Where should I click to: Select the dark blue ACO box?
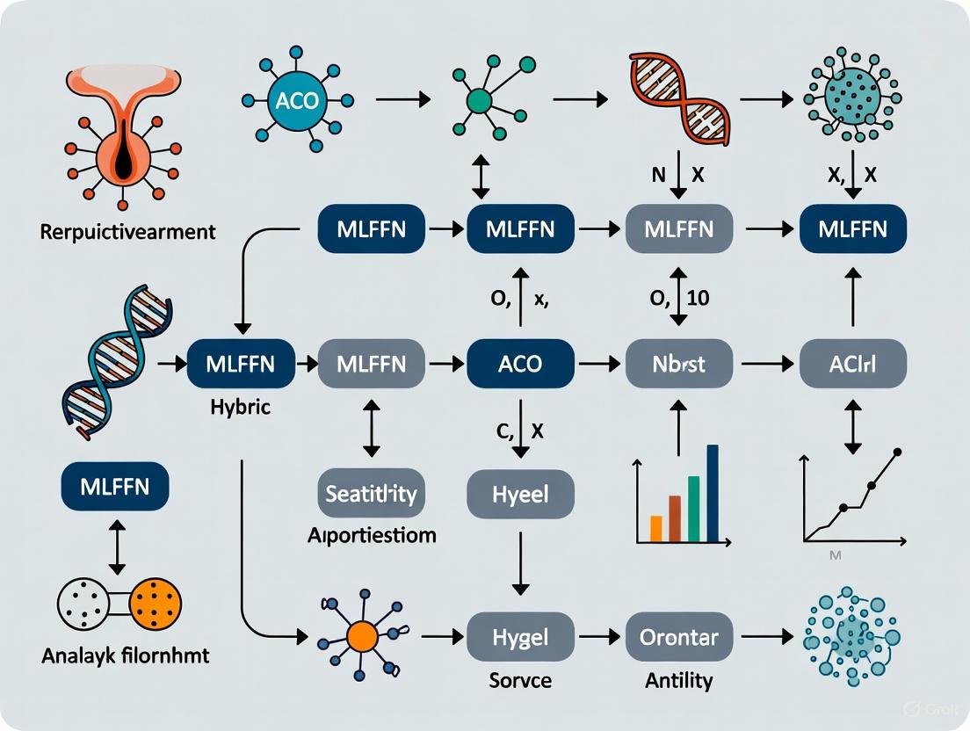point(520,363)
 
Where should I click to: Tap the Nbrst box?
point(678,363)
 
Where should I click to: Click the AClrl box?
point(851,363)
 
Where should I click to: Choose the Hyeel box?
point(520,493)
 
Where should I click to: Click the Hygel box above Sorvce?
point(520,637)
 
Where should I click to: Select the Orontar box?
point(678,637)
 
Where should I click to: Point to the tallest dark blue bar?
point(713,492)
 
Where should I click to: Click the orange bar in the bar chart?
point(655,527)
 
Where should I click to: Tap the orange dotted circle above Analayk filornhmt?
point(155,603)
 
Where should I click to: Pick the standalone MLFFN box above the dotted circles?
point(115,487)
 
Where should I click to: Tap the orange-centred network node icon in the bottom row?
point(362,634)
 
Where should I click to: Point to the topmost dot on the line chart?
point(897,453)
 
